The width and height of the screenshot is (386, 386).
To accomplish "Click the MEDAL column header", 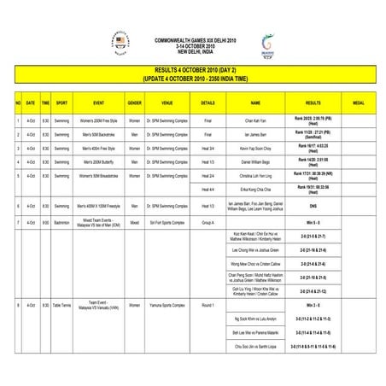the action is click(x=358, y=102).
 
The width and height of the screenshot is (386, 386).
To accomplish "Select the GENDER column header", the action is click(x=134, y=102).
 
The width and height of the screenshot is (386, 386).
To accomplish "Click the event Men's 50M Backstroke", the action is click(x=93, y=135).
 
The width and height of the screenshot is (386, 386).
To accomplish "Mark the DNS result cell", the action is click(x=313, y=206).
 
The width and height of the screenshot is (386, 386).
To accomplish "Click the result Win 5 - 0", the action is click(x=313, y=222).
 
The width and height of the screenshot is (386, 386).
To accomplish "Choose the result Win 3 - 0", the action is click(x=313, y=305).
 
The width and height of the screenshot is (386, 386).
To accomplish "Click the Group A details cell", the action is click(x=208, y=222).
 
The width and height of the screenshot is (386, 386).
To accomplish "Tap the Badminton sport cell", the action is click(x=62, y=222).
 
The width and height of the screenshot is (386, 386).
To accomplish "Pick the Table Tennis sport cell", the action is click(x=62, y=305).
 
